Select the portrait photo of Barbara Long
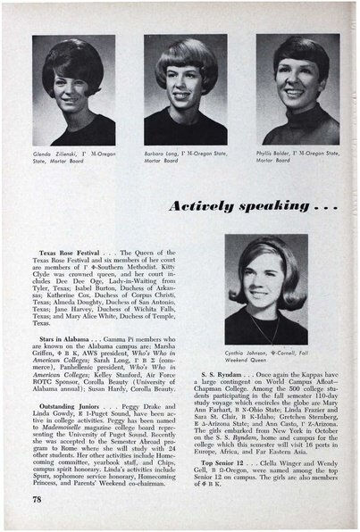click(184, 90)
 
